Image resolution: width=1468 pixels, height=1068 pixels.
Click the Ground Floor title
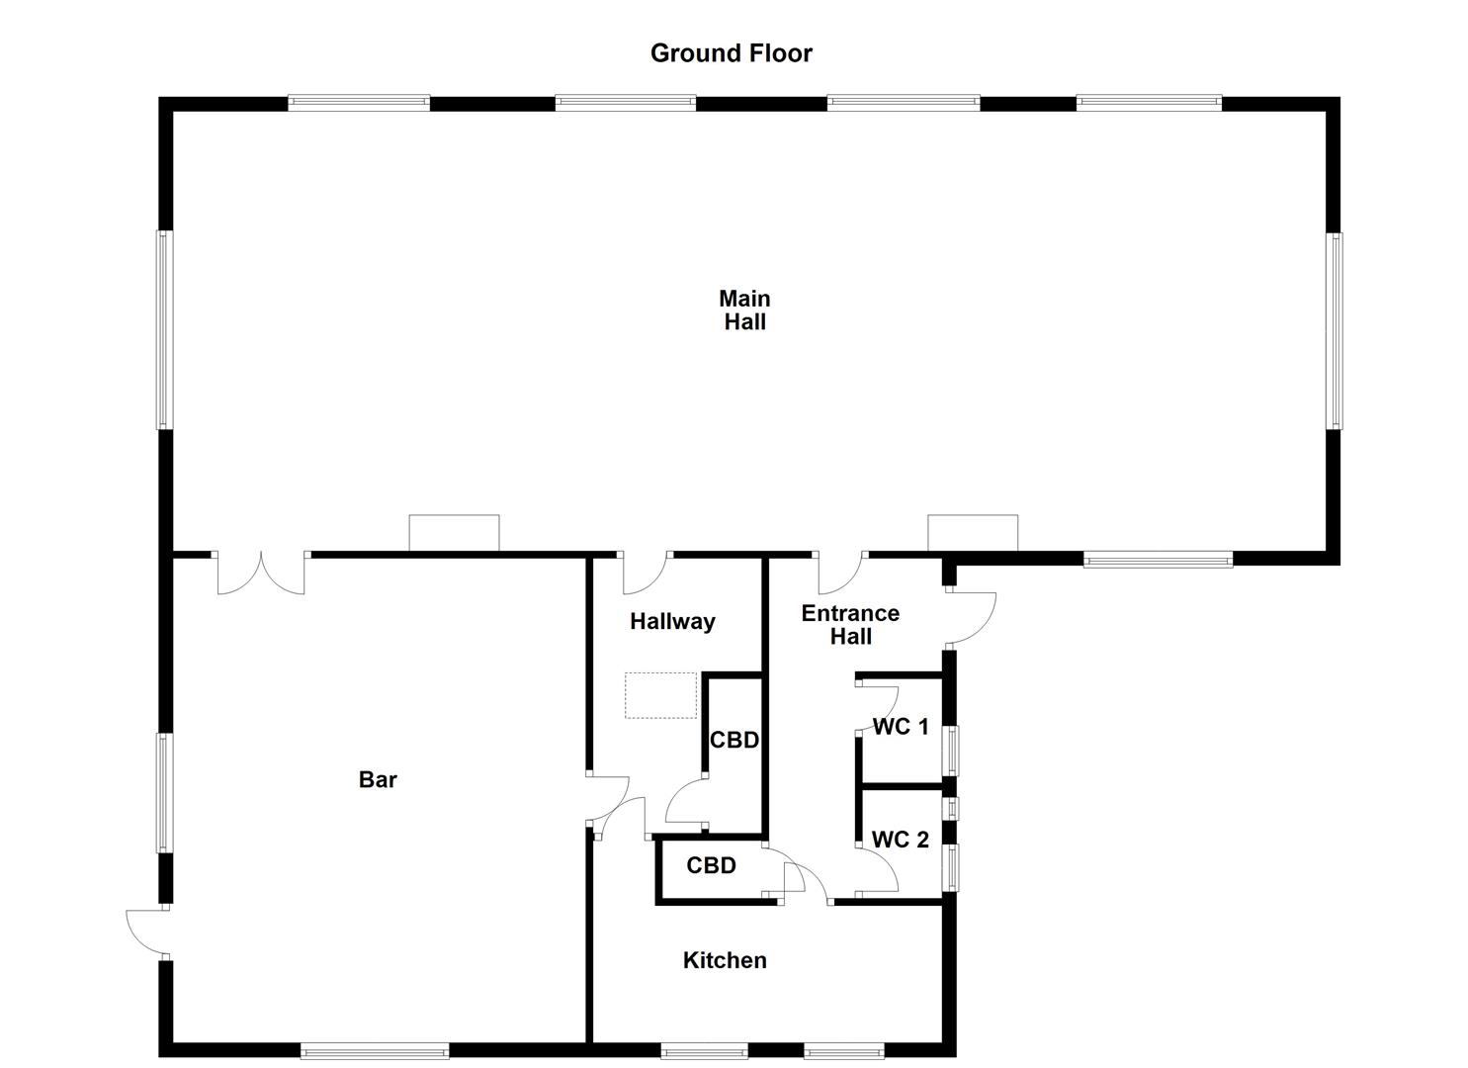(x=731, y=53)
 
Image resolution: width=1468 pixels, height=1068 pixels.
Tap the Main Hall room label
(x=744, y=310)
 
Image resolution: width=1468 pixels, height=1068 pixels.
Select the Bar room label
(x=378, y=779)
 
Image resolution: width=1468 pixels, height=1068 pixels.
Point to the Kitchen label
(x=725, y=960)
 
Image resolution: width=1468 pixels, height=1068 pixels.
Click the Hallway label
(x=672, y=621)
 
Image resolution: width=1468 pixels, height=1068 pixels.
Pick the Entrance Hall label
(x=850, y=624)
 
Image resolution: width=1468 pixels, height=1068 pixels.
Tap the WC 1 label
(x=901, y=727)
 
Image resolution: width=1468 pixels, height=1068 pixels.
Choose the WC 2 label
(x=900, y=840)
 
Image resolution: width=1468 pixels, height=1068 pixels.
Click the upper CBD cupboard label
(x=734, y=740)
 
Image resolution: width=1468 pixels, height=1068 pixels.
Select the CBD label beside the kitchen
(x=711, y=865)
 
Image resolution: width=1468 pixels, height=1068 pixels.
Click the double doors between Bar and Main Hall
(x=260, y=574)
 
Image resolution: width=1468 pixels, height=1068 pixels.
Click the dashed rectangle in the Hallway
(x=660, y=695)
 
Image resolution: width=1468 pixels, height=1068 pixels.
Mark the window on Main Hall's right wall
(x=1335, y=330)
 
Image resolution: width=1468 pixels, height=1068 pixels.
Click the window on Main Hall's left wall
(x=164, y=330)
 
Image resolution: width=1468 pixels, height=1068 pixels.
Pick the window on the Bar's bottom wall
(x=375, y=1051)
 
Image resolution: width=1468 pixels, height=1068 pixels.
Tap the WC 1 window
(x=952, y=751)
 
